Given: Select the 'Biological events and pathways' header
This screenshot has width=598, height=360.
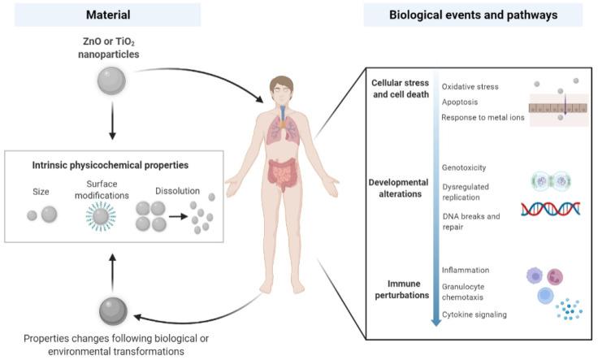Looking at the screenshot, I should coord(473,15).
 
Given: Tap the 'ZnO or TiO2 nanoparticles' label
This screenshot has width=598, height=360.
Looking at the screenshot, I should coord(110,47).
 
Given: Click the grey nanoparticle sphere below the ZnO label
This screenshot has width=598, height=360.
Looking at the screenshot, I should coord(110,80).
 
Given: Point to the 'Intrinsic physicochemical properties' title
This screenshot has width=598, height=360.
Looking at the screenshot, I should coord(110,163).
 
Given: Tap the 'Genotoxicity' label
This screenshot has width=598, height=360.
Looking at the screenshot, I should coord(464,167).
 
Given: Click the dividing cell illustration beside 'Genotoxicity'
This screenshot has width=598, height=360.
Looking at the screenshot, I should coord(550,181).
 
